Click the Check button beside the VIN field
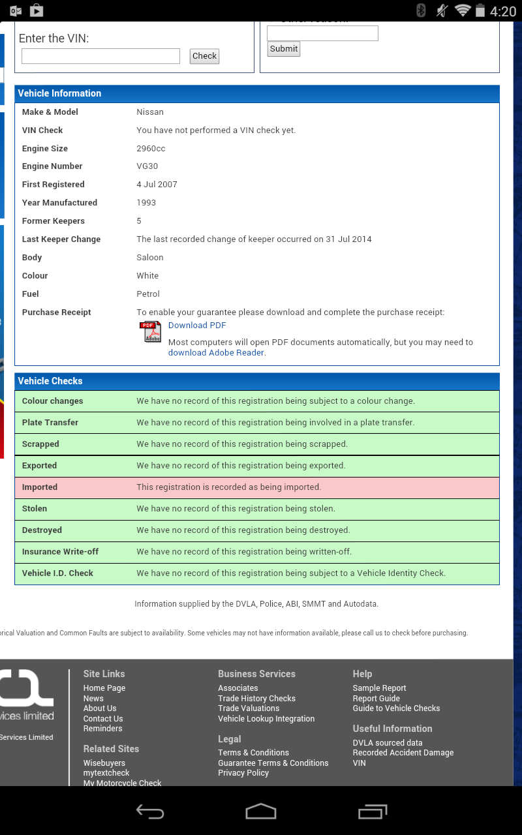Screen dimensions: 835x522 204,56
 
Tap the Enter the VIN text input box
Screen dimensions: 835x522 100,56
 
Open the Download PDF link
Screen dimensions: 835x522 197,325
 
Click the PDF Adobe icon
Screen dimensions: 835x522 151,331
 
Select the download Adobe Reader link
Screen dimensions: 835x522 216,352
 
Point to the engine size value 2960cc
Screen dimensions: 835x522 151,148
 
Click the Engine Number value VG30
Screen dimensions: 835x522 147,166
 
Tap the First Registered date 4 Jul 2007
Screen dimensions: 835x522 157,185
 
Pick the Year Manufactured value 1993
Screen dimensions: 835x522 146,203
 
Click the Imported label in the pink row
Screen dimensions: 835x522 40,487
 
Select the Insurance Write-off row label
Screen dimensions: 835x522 60,552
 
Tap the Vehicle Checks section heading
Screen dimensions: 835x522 50,381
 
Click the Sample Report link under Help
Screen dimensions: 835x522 379,688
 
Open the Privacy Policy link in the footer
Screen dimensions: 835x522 243,773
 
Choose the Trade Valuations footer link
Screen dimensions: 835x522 249,708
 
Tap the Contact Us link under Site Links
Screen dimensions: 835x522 103,719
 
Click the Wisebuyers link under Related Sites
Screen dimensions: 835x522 104,763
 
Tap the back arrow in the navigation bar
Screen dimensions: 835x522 150,811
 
